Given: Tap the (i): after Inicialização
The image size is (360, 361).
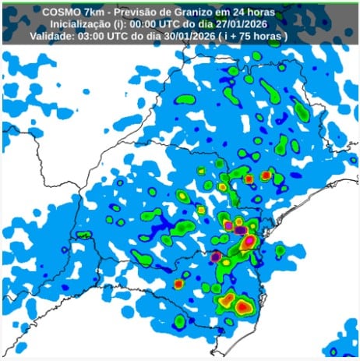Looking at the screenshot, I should [130, 23].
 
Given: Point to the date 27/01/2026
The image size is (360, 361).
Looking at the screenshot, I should [256, 23].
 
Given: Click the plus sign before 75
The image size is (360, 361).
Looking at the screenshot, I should [254, 36].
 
